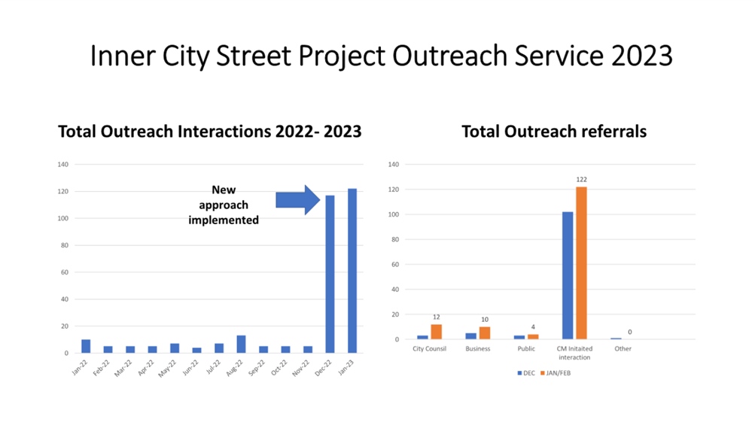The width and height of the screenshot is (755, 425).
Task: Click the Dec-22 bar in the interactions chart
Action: tap(330, 274)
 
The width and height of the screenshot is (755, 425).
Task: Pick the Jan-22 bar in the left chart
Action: tap(86, 346)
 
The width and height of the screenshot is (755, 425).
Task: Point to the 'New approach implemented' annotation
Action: tap(224, 205)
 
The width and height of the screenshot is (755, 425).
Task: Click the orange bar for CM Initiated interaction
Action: tap(581, 263)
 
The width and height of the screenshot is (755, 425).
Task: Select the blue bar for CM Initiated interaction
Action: tap(568, 275)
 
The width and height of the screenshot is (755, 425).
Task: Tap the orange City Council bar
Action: tap(436, 332)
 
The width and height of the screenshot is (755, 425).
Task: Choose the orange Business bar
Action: tap(484, 333)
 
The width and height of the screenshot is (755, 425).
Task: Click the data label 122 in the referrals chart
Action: tap(581, 180)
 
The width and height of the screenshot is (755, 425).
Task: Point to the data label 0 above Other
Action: tap(629, 332)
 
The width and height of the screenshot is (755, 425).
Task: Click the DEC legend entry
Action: tap(527, 373)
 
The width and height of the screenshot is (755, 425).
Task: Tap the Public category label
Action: tap(526, 349)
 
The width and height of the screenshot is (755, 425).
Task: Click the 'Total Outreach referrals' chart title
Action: tap(554, 132)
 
